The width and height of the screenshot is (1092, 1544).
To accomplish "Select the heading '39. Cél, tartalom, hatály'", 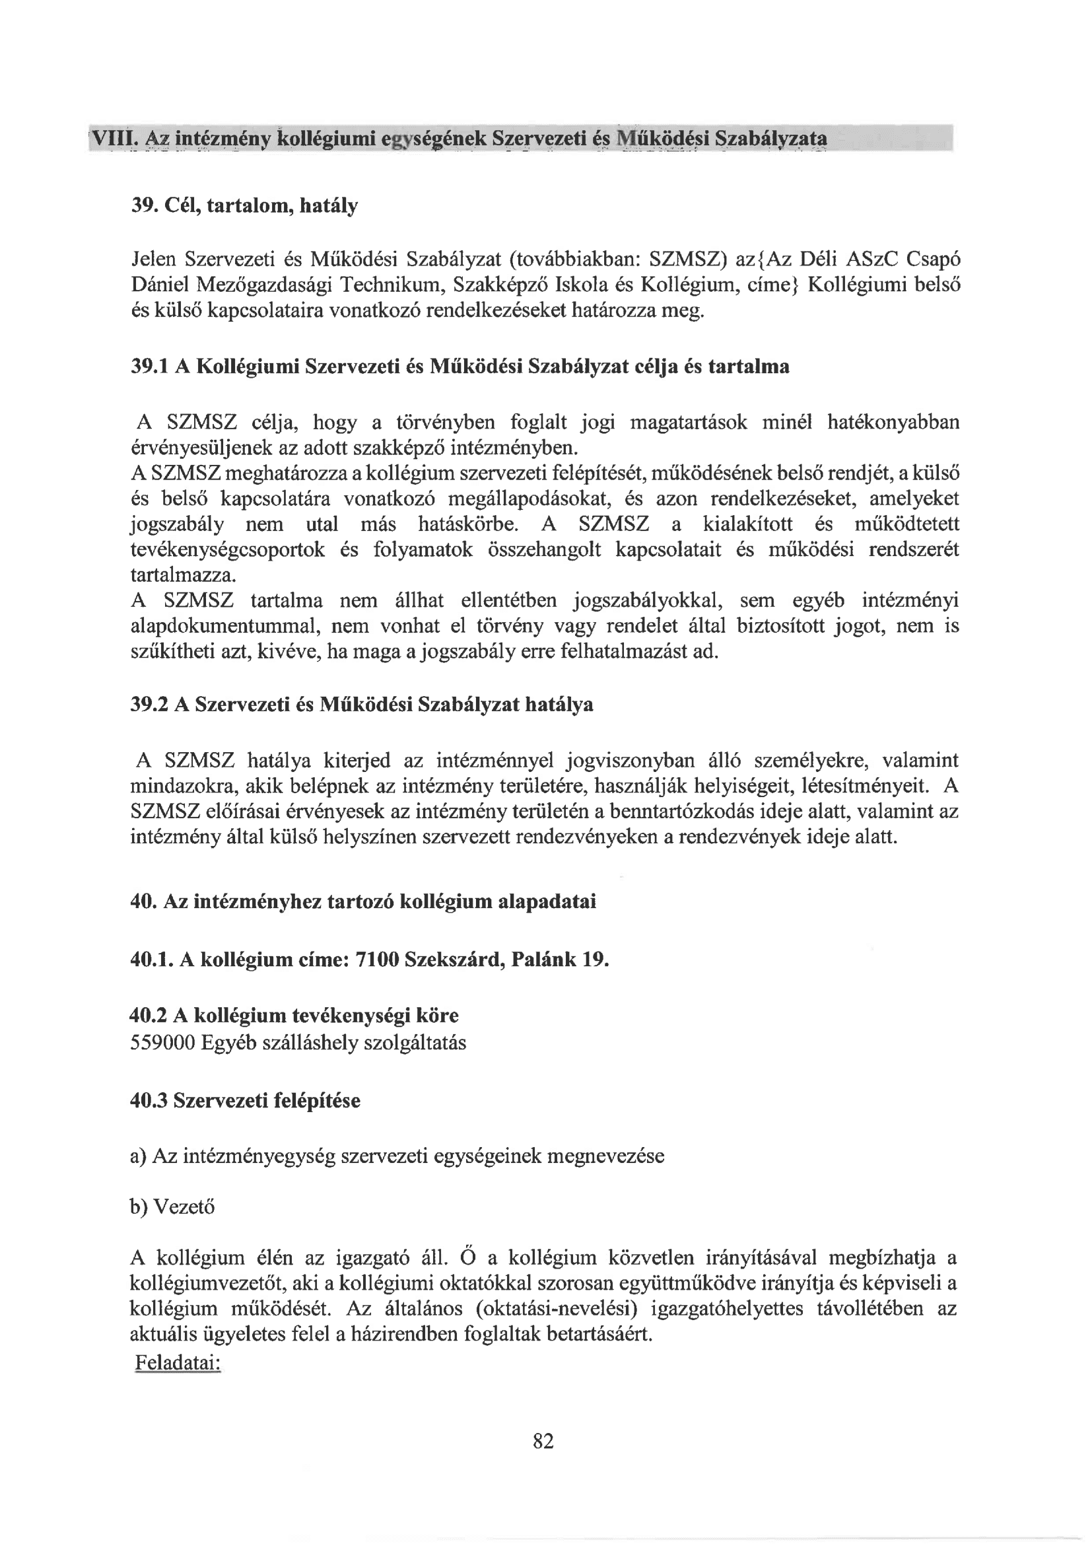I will (x=244, y=205).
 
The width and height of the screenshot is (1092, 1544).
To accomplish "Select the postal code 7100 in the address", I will (x=376, y=959).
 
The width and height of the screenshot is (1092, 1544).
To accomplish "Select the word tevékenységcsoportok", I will (x=228, y=550).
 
